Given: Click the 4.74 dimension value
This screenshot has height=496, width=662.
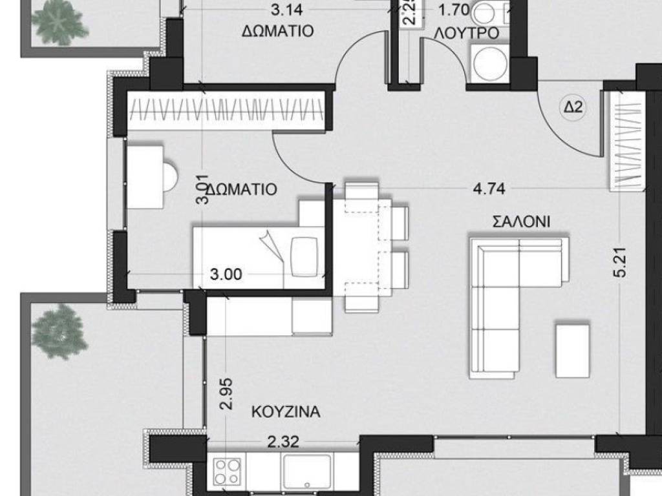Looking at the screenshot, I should (489, 189).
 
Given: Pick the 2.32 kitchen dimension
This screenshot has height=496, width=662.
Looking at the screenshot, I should (283, 442).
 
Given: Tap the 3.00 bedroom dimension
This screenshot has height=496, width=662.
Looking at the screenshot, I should (226, 274).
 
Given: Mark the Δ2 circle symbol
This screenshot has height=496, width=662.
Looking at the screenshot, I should (573, 108).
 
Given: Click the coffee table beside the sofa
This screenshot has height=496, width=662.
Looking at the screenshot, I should (573, 349).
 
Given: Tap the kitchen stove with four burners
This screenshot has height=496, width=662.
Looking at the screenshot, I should (227, 471).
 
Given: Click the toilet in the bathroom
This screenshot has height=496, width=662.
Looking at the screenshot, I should (489, 11).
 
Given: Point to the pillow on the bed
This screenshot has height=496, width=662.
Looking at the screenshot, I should (304, 251).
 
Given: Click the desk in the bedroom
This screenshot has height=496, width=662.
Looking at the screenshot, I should (144, 176).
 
